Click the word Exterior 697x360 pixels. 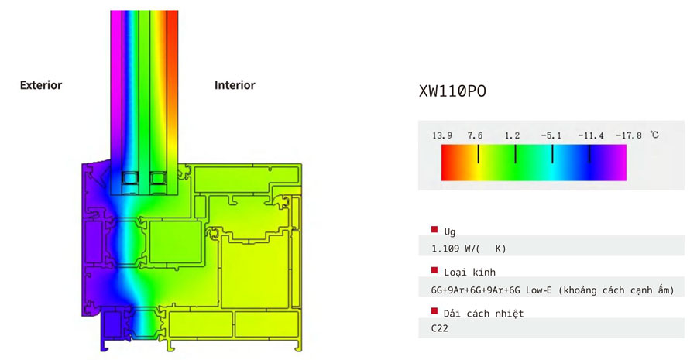tap(41, 85)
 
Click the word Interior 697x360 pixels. tap(235, 85)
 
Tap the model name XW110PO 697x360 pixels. tap(452, 91)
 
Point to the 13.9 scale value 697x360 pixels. tap(442, 135)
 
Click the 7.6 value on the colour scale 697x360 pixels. tap(475, 135)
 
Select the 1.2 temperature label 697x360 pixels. tap(512, 135)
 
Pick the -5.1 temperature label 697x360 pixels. tap(551, 135)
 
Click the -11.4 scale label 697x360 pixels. tap(591, 135)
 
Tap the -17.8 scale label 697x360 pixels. tap(629, 135)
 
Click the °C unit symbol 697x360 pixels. tap(654, 135)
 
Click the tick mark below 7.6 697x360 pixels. tap(479, 154)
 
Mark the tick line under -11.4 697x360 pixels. tap(589, 154)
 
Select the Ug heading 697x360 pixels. tap(449, 231)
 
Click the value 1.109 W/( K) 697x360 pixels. tap(469, 249)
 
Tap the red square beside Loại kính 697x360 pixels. tap(434, 270)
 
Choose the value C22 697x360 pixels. tap(440, 329)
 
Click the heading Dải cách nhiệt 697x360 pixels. tap(483, 314)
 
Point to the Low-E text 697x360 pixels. tap(539, 290)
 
